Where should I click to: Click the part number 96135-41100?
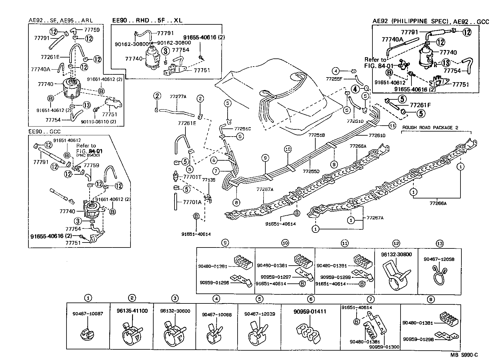tap(132, 311)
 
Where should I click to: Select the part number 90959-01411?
tap(310, 312)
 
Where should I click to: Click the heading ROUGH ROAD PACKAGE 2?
tap(432, 127)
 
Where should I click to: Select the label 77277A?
tap(178, 97)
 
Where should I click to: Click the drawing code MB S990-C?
tap(464, 355)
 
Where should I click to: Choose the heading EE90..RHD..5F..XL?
tap(147, 21)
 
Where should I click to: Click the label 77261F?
tap(420, 105)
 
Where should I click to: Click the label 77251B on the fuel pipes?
tap(317, 135)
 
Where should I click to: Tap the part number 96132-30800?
tap(396, 254)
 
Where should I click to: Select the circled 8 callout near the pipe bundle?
tap(236, 202)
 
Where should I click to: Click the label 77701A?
tap(192, 202)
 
